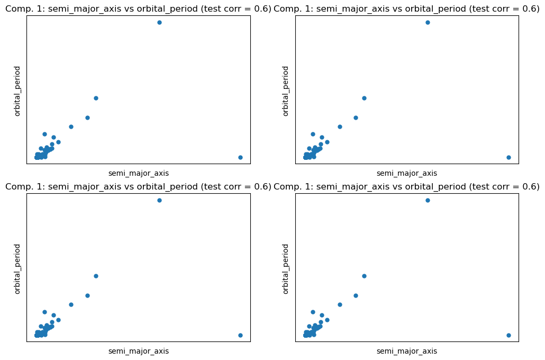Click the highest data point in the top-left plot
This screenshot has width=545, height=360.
159,22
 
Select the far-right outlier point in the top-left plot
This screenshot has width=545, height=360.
240,157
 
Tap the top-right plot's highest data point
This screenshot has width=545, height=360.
428,22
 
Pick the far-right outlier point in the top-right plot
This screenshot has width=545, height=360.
508,157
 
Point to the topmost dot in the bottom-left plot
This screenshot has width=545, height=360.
159,200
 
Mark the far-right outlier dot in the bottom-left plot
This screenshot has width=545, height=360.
240,335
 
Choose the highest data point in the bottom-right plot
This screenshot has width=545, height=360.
428,200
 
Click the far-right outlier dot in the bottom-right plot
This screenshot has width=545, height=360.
508,335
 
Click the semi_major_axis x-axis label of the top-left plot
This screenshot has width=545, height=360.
139,173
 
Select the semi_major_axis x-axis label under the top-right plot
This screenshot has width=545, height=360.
407,173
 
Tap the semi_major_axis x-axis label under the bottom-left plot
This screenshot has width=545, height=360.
139,351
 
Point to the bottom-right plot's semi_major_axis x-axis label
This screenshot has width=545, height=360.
407,351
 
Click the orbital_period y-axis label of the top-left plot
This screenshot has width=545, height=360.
17,91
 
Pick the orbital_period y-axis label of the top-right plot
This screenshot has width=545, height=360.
286,91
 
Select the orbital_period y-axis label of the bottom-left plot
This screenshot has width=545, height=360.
17,268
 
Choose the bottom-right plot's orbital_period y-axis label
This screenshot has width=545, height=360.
286,268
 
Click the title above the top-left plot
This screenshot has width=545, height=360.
138,8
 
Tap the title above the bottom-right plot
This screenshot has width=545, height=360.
406,186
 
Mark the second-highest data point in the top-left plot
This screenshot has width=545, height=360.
96,98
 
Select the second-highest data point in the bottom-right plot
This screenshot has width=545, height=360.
364,276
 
